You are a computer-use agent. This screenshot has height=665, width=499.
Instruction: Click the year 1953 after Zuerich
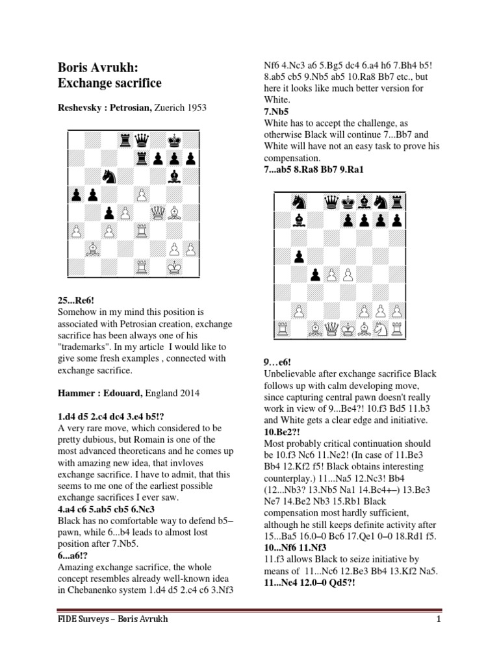click(194, 107)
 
